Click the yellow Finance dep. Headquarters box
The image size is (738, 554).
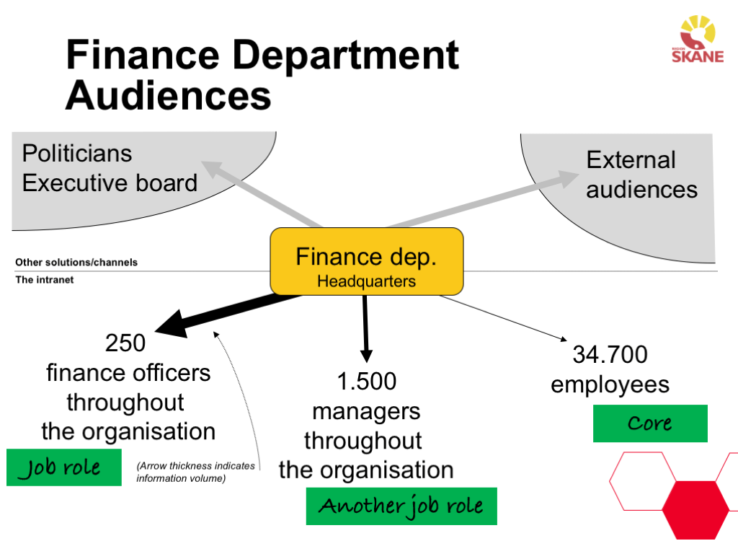pos(366,261)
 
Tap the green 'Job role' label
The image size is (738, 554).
pos(63,467)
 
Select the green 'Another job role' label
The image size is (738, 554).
pos(401,506)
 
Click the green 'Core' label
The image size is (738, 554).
pos(650,423)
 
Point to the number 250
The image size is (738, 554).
pos(125,343)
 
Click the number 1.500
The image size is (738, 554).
pos(366,382)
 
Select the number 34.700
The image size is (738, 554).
pos(610,355)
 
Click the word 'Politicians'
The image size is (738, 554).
pos(77,154)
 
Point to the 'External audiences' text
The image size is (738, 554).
pos(641,175)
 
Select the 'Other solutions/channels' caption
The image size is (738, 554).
pos(76,263)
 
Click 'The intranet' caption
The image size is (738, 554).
pos(45,280)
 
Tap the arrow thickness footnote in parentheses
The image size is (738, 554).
pos(195,472)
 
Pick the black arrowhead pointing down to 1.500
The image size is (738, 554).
pos(366,354)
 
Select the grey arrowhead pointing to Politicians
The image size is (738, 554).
pos(212,169)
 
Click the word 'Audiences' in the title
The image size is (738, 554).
pos(168,95)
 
